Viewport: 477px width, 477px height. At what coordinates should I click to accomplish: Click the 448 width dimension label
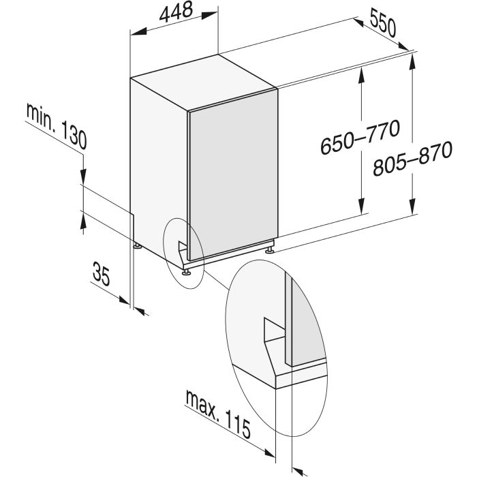176,12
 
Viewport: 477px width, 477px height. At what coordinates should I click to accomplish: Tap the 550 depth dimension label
383,22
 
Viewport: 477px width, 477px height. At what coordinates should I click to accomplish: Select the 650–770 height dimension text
360,137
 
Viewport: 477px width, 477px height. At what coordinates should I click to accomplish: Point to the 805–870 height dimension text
412,158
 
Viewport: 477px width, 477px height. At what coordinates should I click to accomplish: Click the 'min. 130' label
57,126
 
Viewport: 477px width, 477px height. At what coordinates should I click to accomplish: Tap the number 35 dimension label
102,273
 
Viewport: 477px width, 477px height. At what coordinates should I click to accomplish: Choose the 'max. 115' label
219,414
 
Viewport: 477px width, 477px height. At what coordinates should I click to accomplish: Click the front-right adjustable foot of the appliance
270,250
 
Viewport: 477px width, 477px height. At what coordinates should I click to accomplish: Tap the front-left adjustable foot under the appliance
186,272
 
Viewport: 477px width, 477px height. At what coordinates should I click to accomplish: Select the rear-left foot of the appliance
138,245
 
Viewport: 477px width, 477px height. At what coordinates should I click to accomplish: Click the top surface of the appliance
204,82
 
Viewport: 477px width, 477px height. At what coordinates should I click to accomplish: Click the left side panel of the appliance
159,168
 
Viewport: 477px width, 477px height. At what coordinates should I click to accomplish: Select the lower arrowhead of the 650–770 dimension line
361,206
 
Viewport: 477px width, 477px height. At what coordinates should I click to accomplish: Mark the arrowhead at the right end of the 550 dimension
403,46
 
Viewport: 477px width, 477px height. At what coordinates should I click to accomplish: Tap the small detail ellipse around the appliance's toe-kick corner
183,253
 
